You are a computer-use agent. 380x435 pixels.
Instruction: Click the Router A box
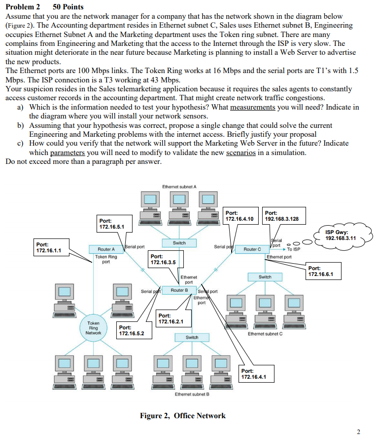(106, 249)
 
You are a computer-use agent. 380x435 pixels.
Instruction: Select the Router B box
(179, 290)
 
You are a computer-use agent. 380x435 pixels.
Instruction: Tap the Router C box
(252, 249)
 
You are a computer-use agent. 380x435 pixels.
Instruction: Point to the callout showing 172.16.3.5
(166, 260)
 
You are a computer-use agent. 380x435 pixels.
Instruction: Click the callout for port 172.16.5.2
(134, 330)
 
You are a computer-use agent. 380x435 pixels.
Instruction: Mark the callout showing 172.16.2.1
(173, 318)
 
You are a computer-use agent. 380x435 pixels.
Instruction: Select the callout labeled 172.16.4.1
(257, 374)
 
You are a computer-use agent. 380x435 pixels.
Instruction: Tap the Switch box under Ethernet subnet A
(179, 243)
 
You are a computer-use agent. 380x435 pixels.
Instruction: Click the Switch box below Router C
(265, 277)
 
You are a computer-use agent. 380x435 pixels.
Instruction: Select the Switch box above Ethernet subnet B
(192, 337)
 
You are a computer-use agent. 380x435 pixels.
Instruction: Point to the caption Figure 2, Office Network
(183, 415)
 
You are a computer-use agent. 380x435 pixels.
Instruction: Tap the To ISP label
(293, 249)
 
